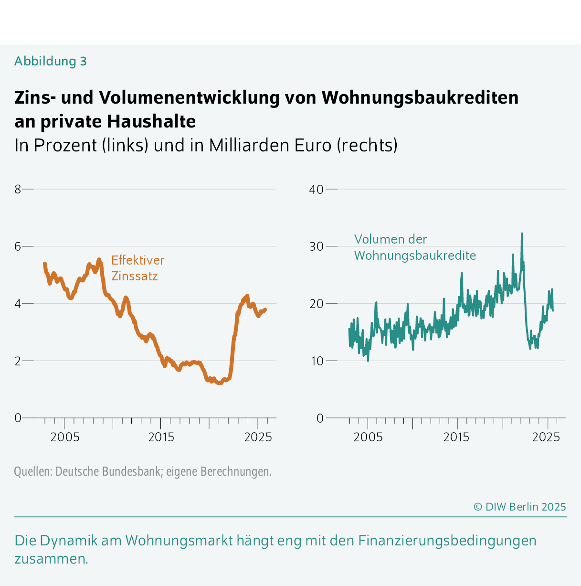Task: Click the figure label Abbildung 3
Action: (x=51, y=61)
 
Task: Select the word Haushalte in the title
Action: (x=151, y=121)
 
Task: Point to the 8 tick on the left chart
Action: (x=18, y=189)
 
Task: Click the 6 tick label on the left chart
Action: (x=18, y=246)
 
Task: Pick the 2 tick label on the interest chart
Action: (x=18, y=361)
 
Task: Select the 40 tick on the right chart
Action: (x=316, y=189)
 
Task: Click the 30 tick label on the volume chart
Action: (x=316, y=246)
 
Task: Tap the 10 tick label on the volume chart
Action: (x=316, y=361)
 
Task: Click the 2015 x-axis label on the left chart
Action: (x=161, y=437)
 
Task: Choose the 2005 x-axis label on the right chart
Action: (x=368, y=437)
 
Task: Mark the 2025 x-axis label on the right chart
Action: (x=546, y=437)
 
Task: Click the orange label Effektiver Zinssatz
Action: (x=137, y=268)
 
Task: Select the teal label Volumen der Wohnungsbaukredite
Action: (x=414, y=247)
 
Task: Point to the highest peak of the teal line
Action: (x=522, y=234)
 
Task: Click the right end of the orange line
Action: (x=265, y=309)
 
